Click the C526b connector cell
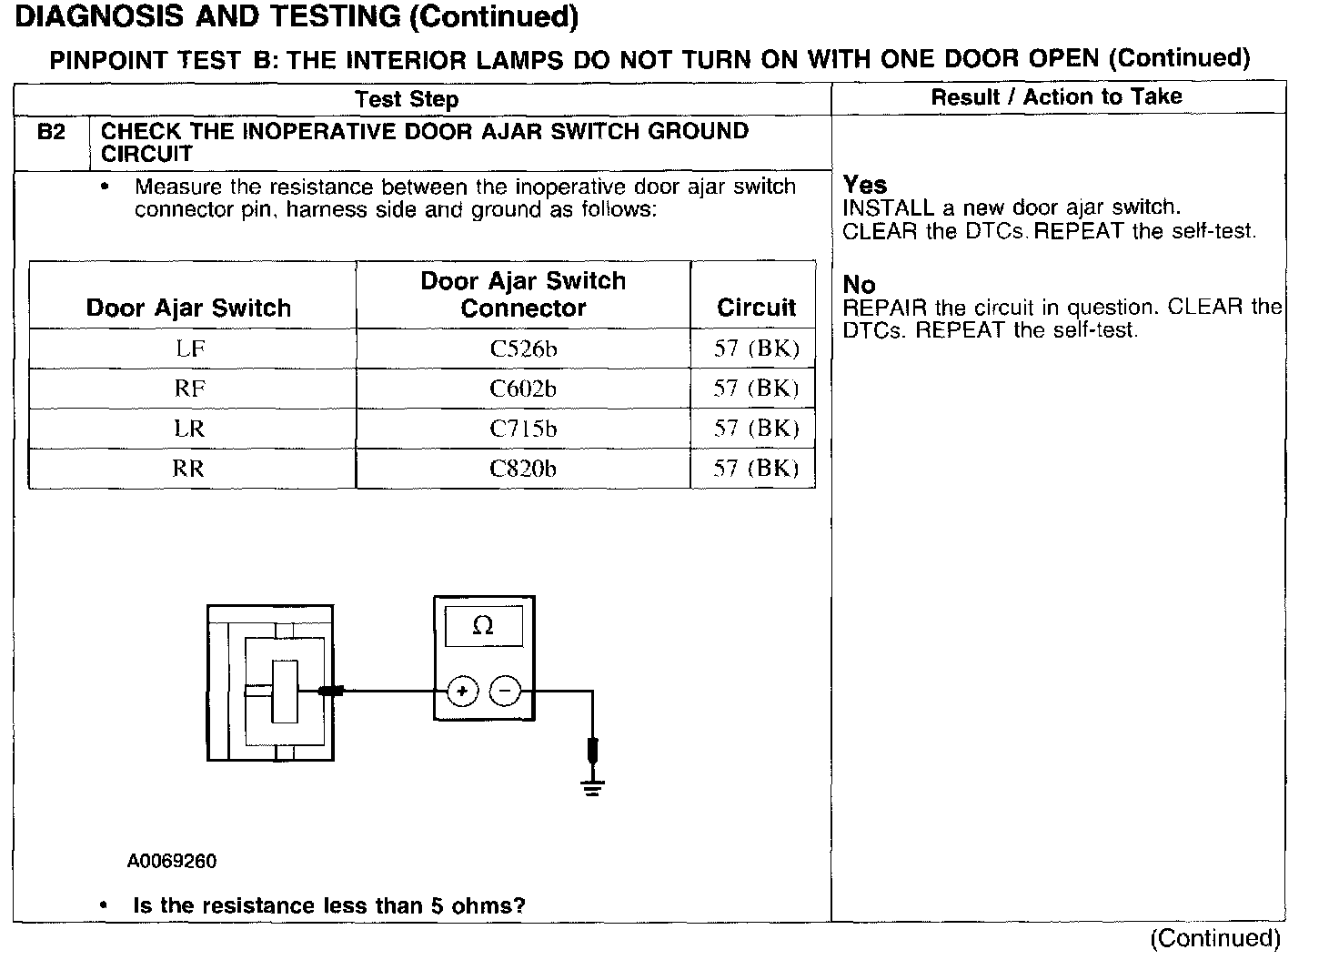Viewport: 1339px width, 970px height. click(x=523, y=349)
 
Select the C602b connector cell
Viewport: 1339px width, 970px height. click(x=523, y=389)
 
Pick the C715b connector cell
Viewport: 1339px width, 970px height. click(x=523, y=429)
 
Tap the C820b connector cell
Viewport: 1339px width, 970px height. click(x=523, y=469)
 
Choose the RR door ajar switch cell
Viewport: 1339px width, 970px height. click(x=189, y=469)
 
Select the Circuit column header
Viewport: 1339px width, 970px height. click(x=756, y=308)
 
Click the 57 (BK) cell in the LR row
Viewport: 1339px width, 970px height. click(x=756, y=429)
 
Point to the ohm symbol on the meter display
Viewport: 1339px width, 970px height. click(x=484, y=626)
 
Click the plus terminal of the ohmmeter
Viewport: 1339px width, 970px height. click(x=463, y=692)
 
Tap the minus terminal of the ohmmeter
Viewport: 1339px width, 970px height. click(x=505, y=692)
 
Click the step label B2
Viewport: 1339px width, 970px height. click(x=52, y=132)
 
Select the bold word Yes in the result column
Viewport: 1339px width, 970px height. click(x=864, y=185)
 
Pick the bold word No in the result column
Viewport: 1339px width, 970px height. click(x=859, y=285)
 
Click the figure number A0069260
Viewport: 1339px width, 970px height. click(x=172, y=861)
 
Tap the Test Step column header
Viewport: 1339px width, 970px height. click(x=407, y=99)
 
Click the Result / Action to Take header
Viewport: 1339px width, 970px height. click(x=1056, y=97)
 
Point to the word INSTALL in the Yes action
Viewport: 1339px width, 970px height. click(x=888, y=208)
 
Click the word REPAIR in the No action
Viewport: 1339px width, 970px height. click(x=884, y=308)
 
